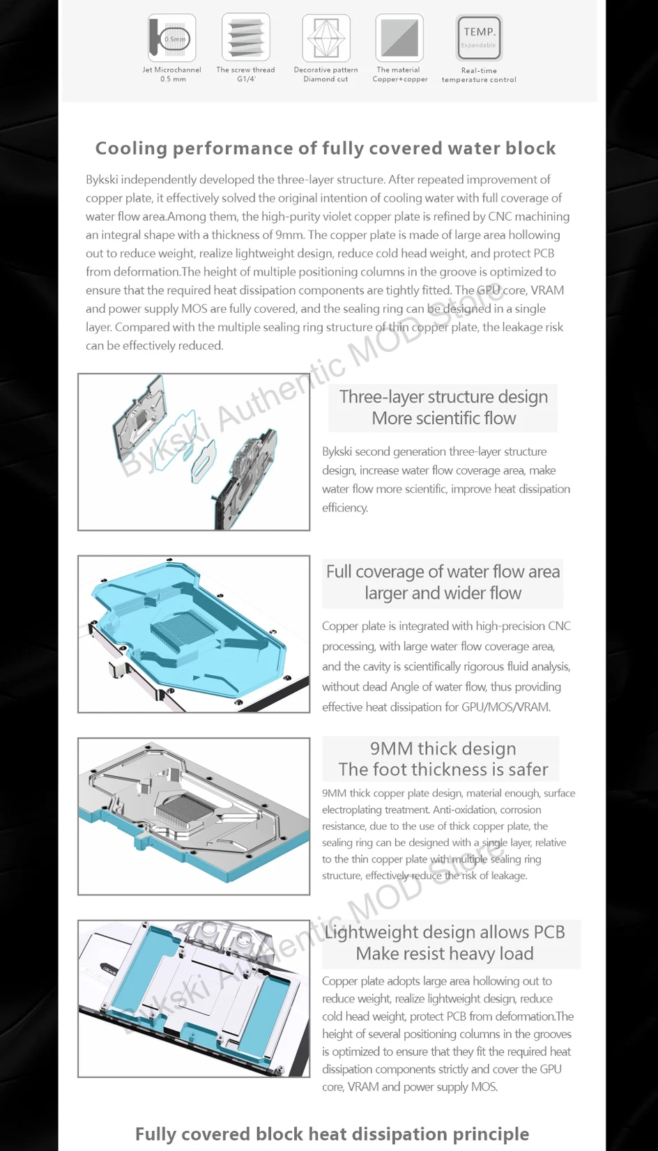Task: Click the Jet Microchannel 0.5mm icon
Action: pyautogui.click(x=171, y=38)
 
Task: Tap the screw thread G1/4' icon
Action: pyautogui.click(x=245, y=38)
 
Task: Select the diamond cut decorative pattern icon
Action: pyautogui.click(x=326, y=38)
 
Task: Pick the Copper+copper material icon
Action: pyautogui.click(x=399, y=38)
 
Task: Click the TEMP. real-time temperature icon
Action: pyautogui.click(x=479, y=38)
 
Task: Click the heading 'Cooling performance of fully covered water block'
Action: pyautogui.click(x=326, y=148)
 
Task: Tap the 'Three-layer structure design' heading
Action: pyautogui.click(x=443, y=396)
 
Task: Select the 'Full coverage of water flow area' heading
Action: pyautogui.click(x=443, y=571)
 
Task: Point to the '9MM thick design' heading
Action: pyautogui.click(x=443, y=748)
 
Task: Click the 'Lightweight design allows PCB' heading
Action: pyautogui.click(x=445, y=932)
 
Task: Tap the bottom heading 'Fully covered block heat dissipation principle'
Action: pyautogui.click(x=332, y=1134)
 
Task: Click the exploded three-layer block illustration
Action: pyautogui.click(x=194, y=451)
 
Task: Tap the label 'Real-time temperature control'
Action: pyautogui.click(x=479, y=75)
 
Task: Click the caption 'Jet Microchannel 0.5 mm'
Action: pyautogui.click(x=171, y=75)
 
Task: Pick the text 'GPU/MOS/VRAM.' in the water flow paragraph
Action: pyautogui.click(x=506, y=707)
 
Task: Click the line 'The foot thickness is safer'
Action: pyautogui.click(x=443, y=769)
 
